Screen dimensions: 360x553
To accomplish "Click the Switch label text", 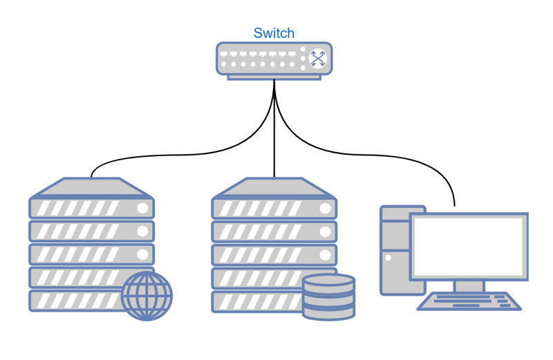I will (x=274, y=32).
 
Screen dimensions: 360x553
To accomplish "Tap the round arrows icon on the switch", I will (x=317, y=58).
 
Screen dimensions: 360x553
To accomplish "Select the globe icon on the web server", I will (x=147, y=296).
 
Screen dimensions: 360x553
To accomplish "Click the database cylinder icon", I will (x=329, y=297).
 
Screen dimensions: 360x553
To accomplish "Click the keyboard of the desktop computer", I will (x=470, y=301).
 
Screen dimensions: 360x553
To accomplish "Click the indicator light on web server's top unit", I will (x=142, y=208).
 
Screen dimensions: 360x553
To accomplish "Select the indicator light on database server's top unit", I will (x=325, y=208).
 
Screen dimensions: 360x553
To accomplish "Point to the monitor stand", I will (x=469, y=285).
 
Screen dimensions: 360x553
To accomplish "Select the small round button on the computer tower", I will (x=388, y=258).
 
